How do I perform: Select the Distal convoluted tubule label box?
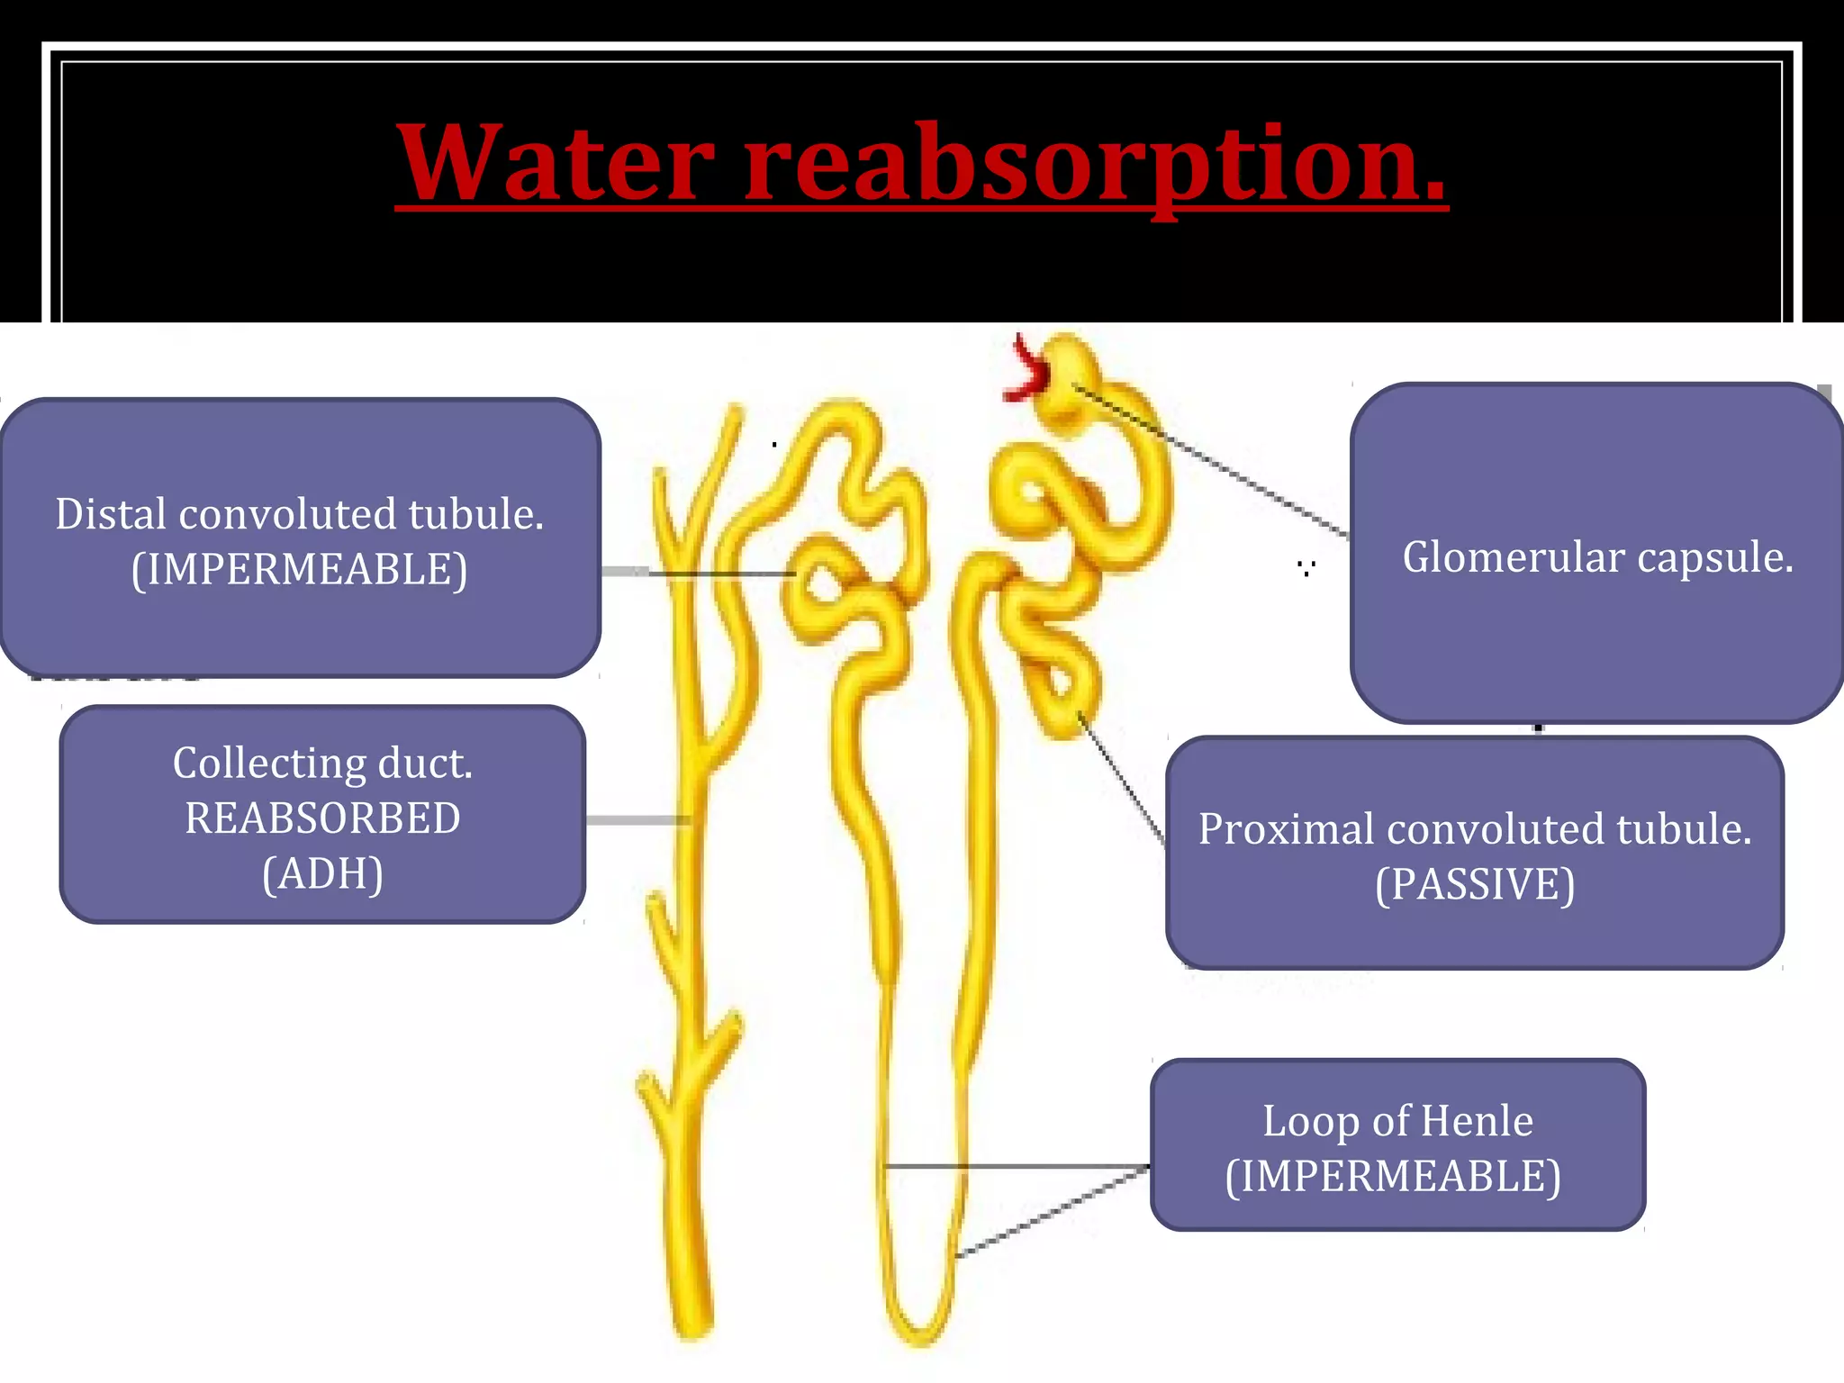(x=300, y=538)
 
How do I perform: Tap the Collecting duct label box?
(x=322, y=815)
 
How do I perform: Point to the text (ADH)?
(x=322, y=873)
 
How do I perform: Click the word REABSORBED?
(x=322, y=818)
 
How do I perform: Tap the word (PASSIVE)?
(x=1475, y=884)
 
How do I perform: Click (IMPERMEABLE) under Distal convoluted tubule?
(x=300, y=570)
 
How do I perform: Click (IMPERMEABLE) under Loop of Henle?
(x=1393, y=1177)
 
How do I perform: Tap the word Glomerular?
(x=1513, y=557)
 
